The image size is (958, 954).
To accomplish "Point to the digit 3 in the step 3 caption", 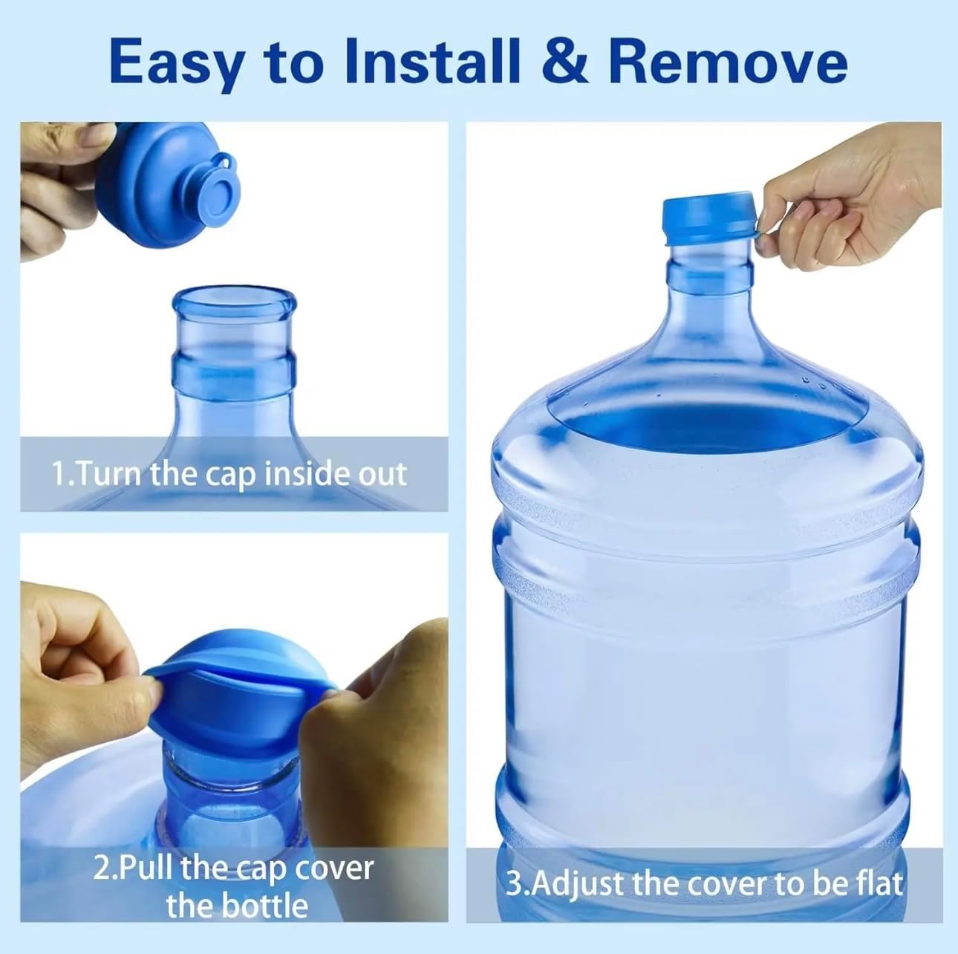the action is pyautogui.click(x=514, y=883).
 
